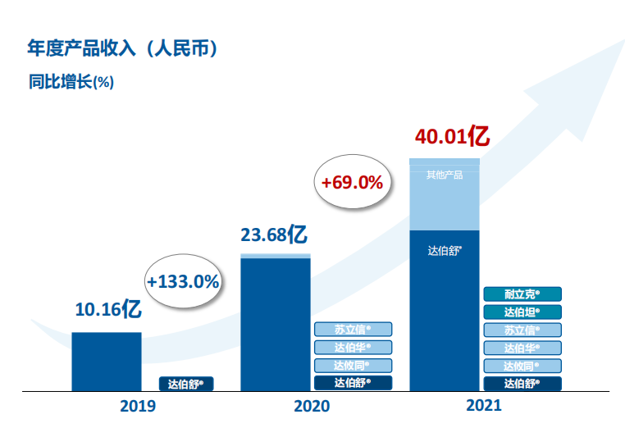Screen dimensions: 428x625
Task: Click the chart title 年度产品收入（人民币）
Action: [124, 49]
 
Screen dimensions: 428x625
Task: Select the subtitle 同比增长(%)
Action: [70, 82]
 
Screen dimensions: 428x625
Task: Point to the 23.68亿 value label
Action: [274, 234]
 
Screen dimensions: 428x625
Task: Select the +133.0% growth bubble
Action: [183, 281]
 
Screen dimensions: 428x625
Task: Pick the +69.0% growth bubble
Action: [352, 182]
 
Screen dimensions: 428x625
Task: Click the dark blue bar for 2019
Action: [107, 361]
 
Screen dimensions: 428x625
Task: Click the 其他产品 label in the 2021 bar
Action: [445, 175]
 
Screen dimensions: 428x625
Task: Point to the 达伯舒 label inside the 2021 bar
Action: [445, 250]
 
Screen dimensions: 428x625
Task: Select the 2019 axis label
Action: [138, 406]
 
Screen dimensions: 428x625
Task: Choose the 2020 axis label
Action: [312, 406]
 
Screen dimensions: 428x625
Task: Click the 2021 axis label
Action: [484, 405]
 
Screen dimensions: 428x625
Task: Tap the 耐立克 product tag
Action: [522, 294]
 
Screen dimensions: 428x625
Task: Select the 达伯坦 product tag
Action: [522, 312]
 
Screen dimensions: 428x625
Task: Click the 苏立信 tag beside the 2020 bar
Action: [353, 330]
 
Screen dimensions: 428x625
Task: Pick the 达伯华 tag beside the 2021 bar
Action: [522, 348]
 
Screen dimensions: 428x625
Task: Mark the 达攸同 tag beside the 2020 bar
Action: [353, 366]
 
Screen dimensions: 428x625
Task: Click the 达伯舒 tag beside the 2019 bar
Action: [185, 383]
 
